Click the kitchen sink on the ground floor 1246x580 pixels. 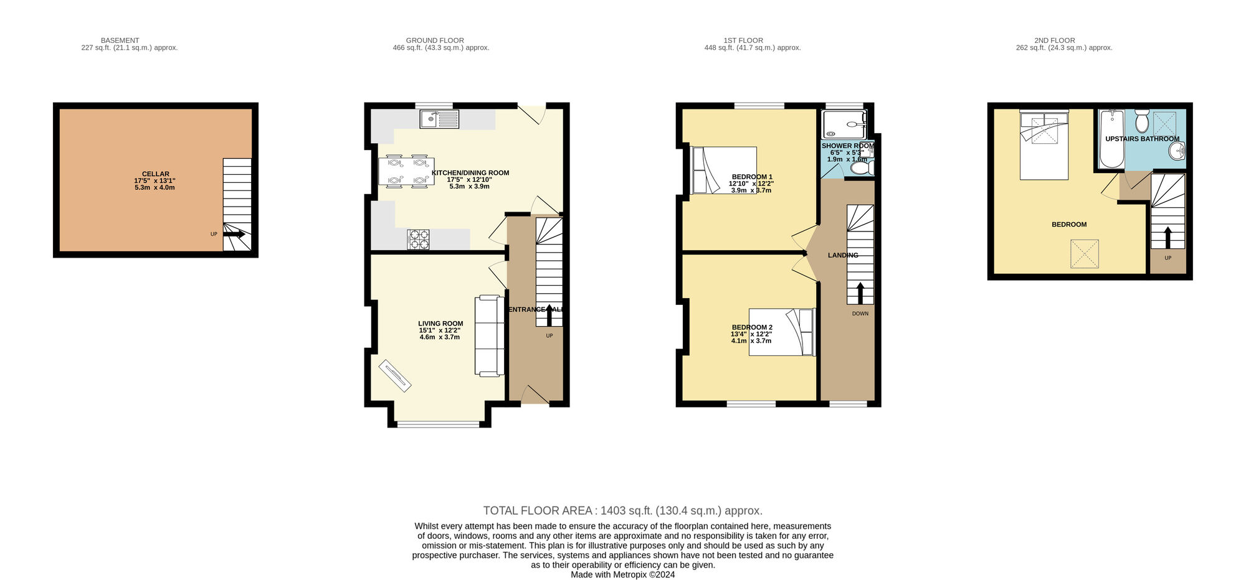coord(439,119)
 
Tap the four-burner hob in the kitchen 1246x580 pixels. coord(418,240)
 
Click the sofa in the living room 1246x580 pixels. coord(490,335)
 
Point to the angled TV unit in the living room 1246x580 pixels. coord(395,375)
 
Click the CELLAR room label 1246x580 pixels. coord(155,174)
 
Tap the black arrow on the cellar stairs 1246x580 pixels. coord(234,234)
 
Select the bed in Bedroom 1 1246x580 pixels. coord(724,170)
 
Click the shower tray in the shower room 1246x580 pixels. coord(844,124)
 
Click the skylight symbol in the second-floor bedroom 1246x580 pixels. coord(1085,255)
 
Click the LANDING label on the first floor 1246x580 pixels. coord(842,255)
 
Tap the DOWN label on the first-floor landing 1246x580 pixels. coord(860,314)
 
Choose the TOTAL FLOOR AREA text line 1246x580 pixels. coord(622,511)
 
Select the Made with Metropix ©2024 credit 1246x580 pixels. coord(622,575)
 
